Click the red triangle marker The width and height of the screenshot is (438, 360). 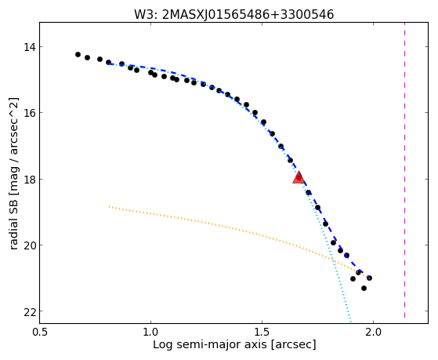299,177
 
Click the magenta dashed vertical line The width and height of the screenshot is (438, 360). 405,170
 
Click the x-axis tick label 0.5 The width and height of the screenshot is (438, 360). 40,333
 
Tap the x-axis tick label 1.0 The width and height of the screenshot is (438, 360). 151,333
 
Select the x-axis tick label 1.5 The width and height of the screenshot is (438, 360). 262,333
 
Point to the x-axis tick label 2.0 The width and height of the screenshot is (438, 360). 373,333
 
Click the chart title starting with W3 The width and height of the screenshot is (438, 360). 234,15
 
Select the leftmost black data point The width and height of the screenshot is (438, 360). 78,55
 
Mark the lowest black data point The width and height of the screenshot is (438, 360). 364,288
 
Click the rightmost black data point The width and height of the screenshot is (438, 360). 369,278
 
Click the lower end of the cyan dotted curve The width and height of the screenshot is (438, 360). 350,322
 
